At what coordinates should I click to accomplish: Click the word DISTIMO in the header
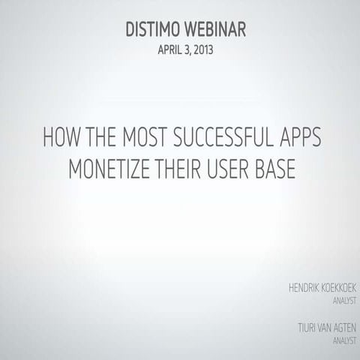pyautogui.click(x=154, y=31)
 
